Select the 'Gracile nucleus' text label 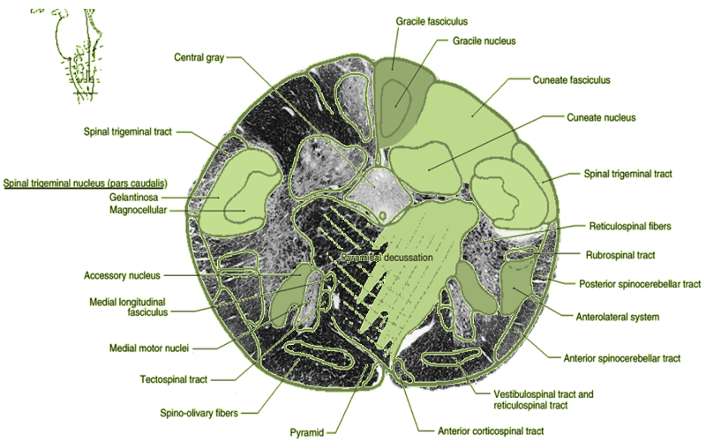click(x=483, y=41)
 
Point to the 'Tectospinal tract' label click(x=173, y=379)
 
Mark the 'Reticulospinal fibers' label click(x=629, y=226)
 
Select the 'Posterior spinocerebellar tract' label click(x=639, y=284)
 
